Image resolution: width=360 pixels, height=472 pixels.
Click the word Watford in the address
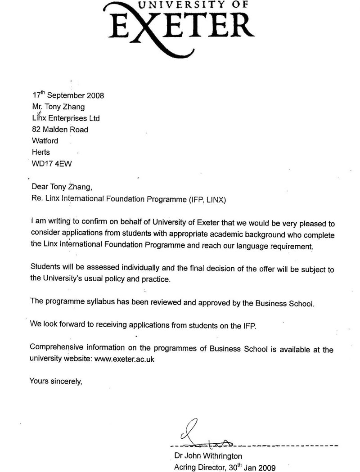(x=45, y=141)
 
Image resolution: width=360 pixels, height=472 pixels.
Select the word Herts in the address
(x=41, y=152)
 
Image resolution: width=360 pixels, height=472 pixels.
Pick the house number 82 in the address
(x=36, y=130)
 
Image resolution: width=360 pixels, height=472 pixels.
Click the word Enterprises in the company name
(x=67, y=118)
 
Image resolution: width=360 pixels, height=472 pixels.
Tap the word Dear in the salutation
(x=39, y=187)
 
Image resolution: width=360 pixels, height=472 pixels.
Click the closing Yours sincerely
(x=56, y=380)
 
